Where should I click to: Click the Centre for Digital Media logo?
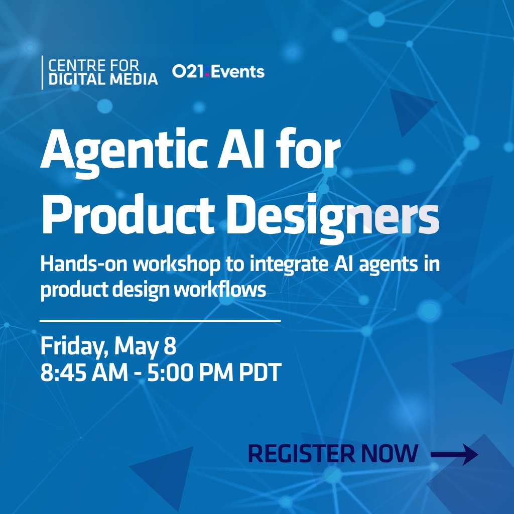100,72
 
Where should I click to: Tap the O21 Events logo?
218,72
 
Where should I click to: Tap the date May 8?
146,347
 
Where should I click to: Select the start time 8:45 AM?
82,373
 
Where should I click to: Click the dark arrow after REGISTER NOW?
454,455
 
